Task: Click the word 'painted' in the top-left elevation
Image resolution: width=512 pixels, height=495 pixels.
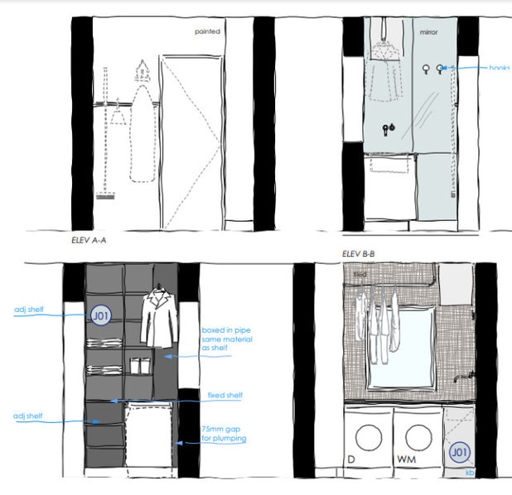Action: coord(207,32)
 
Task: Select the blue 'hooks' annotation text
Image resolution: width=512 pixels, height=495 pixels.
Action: coord(499,68)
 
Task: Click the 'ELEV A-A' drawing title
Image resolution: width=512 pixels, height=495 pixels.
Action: coord(90,241)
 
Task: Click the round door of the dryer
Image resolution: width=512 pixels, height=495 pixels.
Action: coord(365,434)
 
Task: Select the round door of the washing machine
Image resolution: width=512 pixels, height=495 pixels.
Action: coord(418,434)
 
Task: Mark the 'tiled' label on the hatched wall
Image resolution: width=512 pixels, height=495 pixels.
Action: coord(360,272)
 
